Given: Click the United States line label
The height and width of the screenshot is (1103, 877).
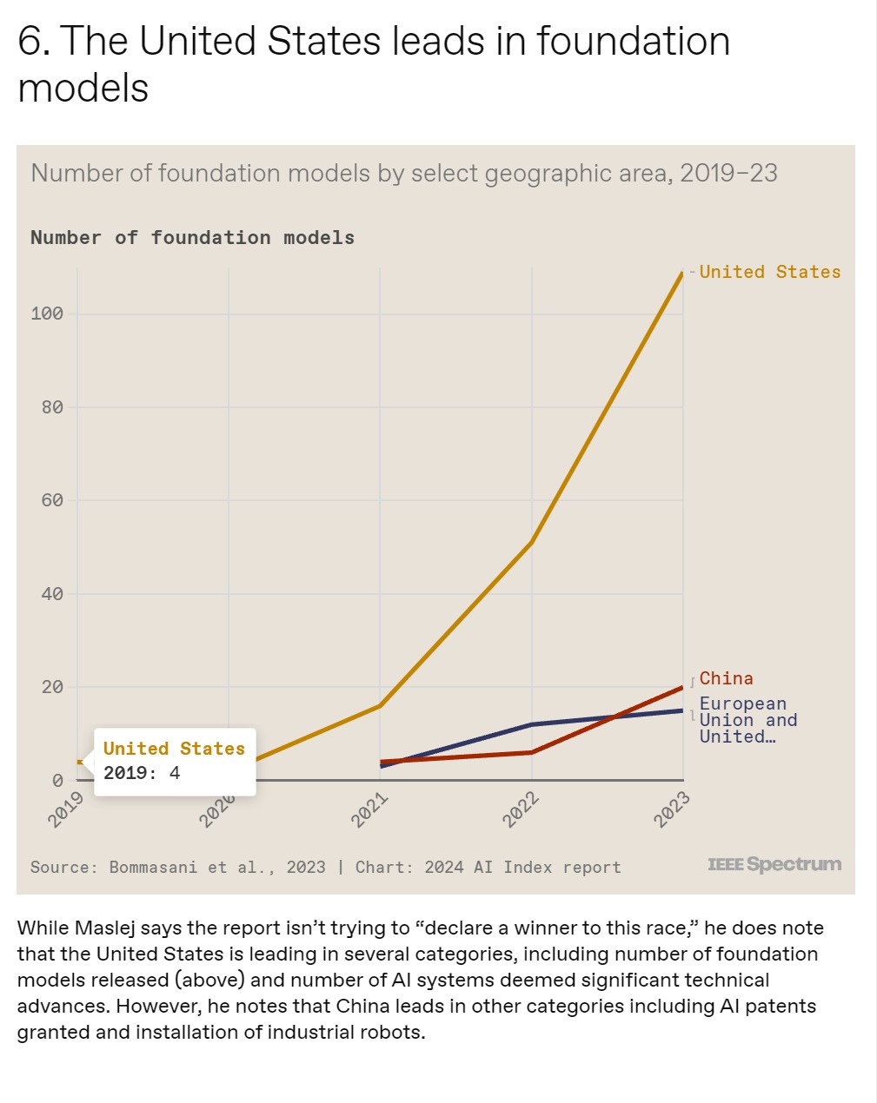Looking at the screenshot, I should (x=769, y=272).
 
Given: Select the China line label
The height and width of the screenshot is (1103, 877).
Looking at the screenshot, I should (x=726, y=678).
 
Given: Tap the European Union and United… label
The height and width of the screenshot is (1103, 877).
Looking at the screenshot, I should (x=747, y=720).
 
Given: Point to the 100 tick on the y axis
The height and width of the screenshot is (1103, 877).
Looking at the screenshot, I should (x=47, y=314).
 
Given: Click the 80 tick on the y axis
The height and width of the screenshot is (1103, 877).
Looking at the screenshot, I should (x=52, y=407).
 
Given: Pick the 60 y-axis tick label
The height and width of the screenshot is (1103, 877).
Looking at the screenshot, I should (x=52, y=500).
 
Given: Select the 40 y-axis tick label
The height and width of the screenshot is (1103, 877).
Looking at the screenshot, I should (x=52, y=594).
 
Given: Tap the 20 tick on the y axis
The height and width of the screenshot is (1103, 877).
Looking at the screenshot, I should (x=52, y=687).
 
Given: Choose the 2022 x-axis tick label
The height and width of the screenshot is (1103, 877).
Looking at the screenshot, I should (x=522, y=809).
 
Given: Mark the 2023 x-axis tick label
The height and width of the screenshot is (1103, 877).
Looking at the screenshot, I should (x=673, y=809).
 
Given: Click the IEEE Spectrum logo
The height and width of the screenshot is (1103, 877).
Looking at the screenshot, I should (x=774, y=864).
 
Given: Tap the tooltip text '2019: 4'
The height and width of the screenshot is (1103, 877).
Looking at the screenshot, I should (x=142, y=773).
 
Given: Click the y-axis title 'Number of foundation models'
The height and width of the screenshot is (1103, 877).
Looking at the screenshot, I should (x=192, y=238).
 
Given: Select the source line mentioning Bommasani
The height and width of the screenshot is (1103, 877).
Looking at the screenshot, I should (x=325, y=867).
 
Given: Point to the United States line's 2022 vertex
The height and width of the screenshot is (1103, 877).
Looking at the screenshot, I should (x=531, y=542).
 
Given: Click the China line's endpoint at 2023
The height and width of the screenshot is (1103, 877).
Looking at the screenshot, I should (x=682, y=687).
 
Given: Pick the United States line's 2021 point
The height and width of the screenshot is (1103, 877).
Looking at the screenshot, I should (x=380, y=705).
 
